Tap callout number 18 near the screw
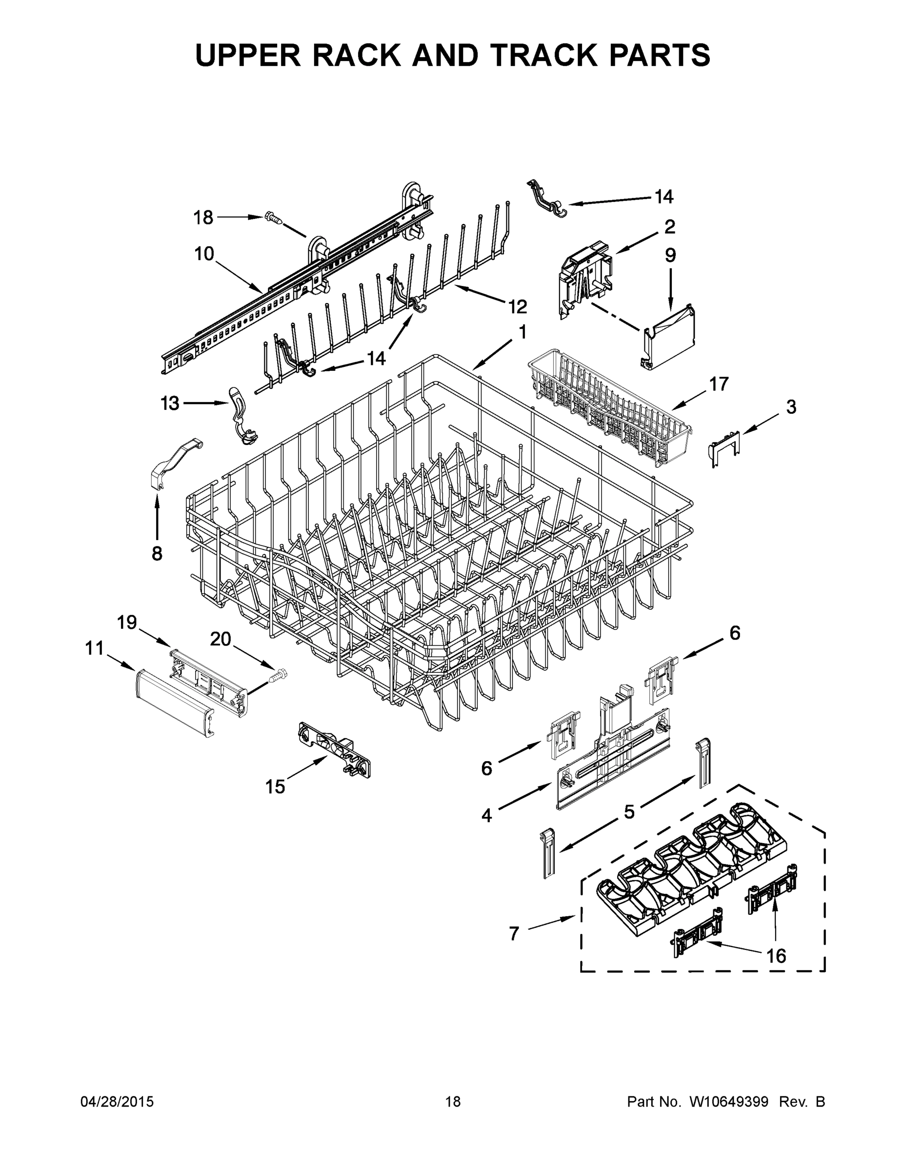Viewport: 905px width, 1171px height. (x=203, y=217)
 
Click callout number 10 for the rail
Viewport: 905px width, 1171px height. (x=204, y=254)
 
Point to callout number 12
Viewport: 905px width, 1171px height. (x=517, y=307)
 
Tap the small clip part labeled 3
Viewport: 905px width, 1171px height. (x=724, y=446)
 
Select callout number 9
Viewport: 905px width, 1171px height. (x=670, y=255)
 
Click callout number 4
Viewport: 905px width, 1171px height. (x=486, y=815)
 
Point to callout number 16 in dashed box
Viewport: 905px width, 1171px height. (x=776, y=955)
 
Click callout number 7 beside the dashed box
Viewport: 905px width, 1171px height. (x=514, y=933)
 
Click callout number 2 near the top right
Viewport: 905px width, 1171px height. (x=670, y=226)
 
